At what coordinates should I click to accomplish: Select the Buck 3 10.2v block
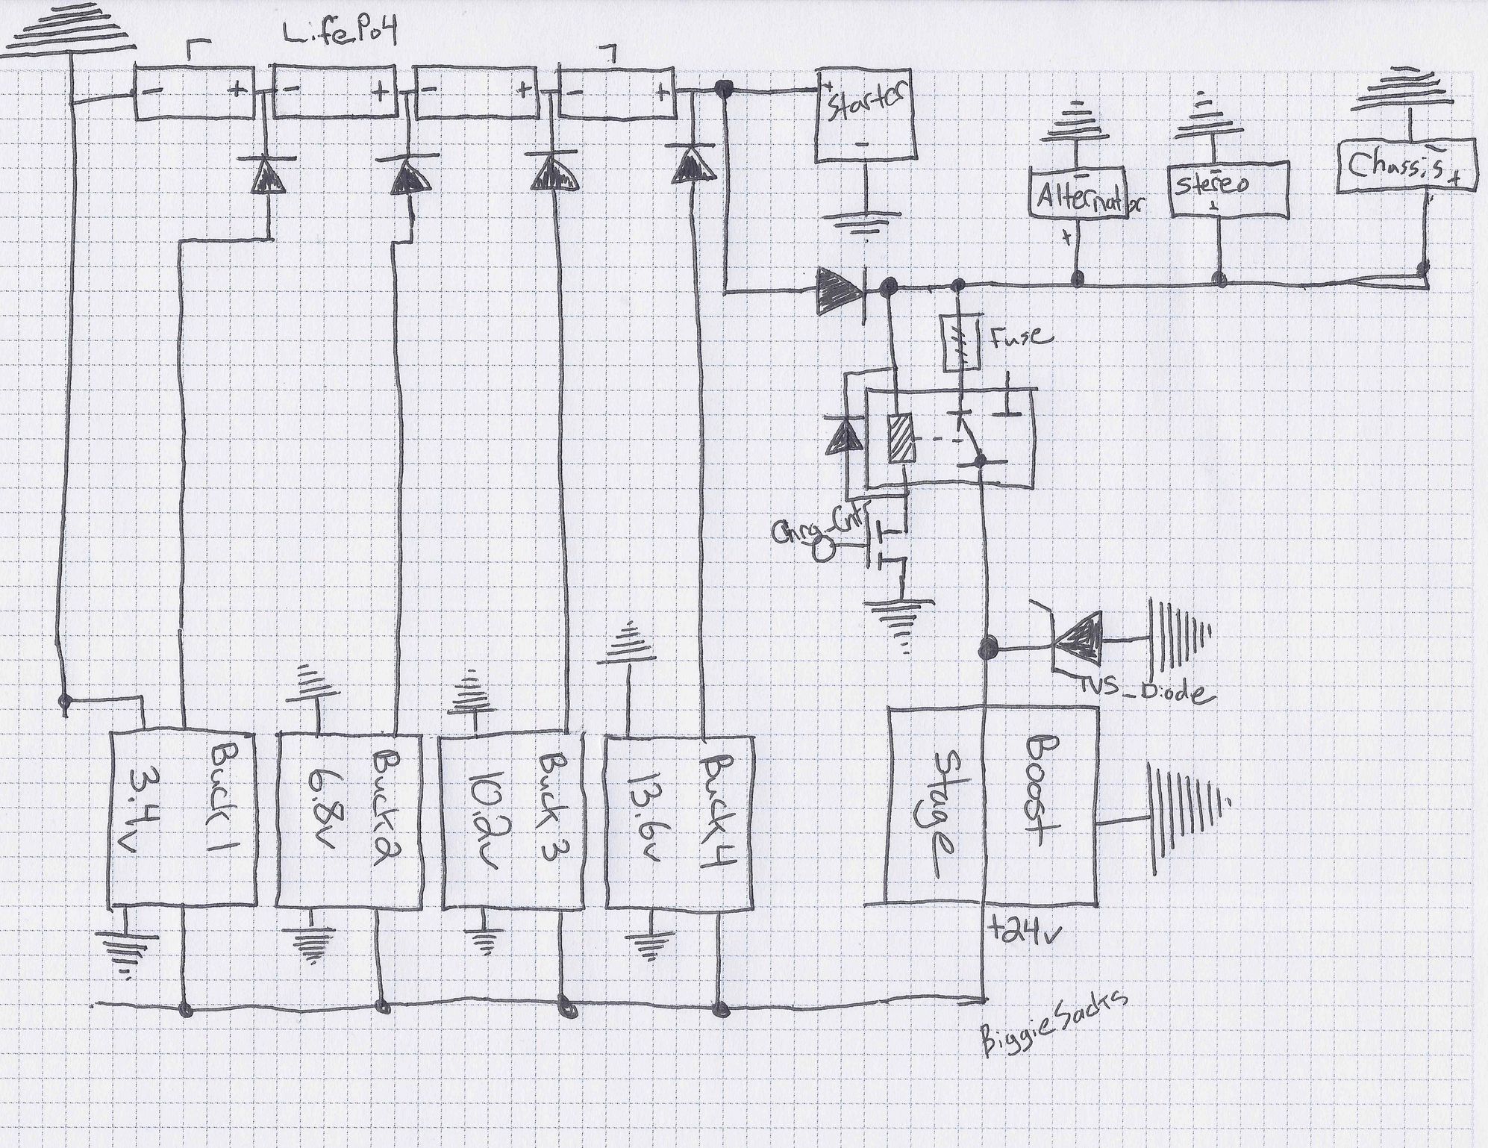[x=511, y=821]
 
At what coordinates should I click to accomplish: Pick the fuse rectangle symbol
[x=958, y=344]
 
